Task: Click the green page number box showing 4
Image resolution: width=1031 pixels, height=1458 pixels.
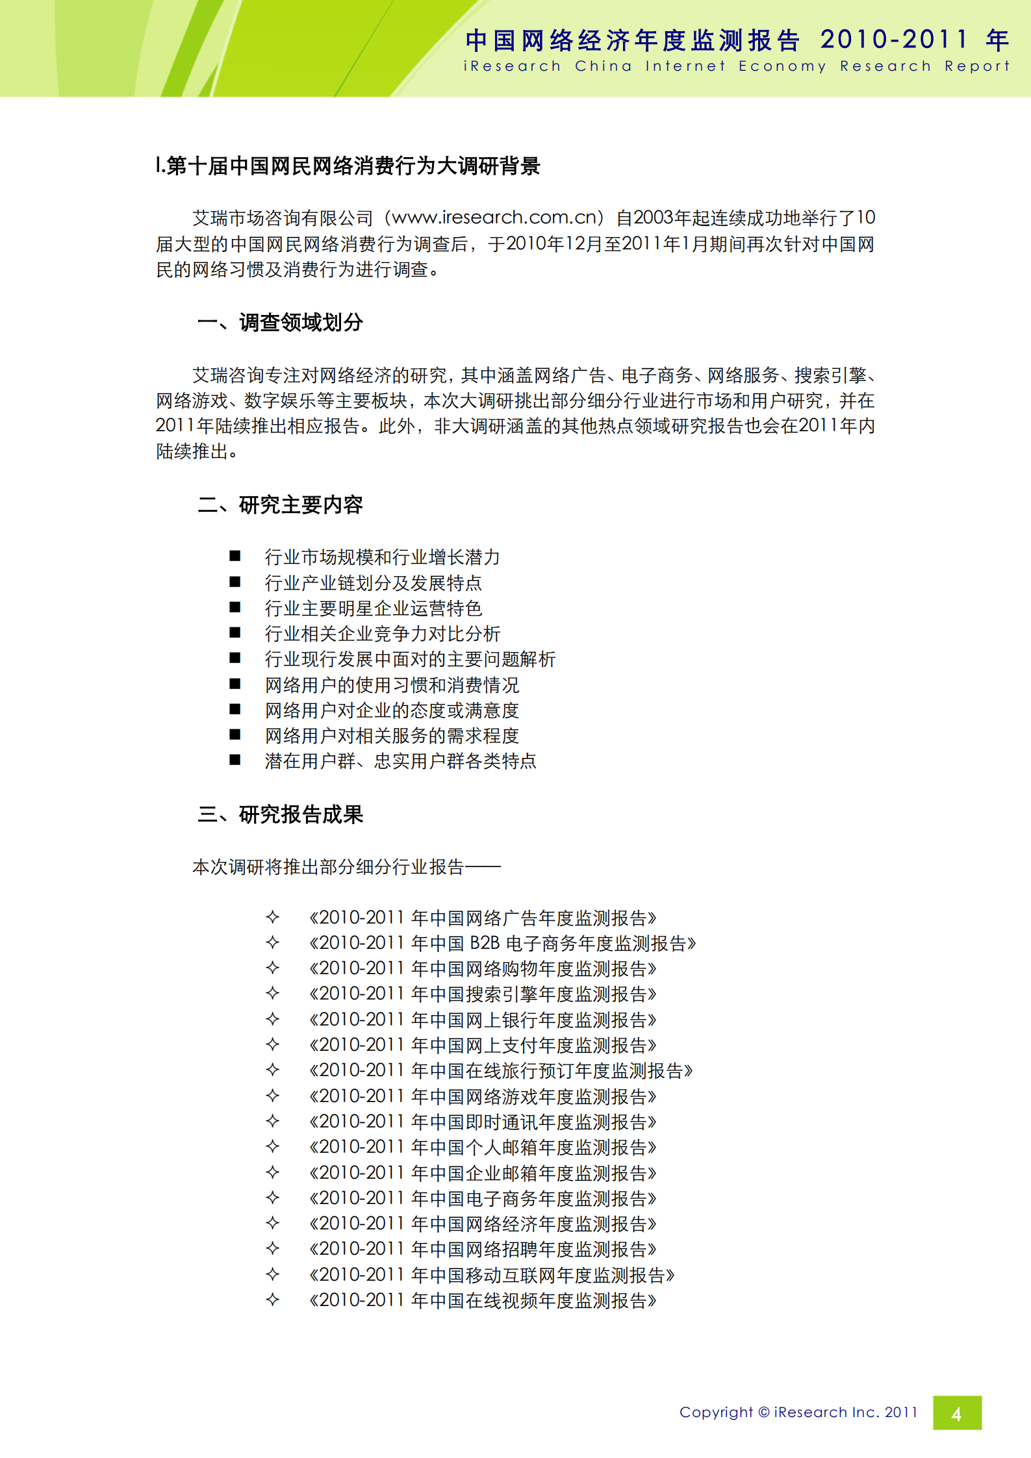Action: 956,1413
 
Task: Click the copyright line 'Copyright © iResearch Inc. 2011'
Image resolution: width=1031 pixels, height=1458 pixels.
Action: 798,1413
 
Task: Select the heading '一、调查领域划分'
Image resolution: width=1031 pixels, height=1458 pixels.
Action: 280,323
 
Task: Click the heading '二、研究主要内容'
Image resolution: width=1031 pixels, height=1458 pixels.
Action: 280,505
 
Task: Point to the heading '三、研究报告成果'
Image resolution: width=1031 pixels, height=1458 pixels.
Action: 280,814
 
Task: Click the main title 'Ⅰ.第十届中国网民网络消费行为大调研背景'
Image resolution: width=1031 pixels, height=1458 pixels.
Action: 348,166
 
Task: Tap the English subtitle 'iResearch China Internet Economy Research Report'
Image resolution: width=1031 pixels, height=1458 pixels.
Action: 736,66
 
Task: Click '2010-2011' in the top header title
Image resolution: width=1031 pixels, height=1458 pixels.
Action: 894,40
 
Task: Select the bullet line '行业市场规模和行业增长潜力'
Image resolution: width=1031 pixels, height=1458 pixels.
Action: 382,557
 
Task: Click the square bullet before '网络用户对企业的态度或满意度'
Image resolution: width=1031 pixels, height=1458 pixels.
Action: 235,709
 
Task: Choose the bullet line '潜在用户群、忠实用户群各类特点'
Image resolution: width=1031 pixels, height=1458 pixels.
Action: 400,761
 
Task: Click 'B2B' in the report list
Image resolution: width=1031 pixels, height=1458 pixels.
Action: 484,943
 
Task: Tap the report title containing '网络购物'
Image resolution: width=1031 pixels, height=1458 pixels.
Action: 483,969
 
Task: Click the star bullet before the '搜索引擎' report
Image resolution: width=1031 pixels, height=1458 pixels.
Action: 273,994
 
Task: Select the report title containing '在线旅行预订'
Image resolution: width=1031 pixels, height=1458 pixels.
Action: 501,1071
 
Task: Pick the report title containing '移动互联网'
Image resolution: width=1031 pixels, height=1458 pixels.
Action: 492,1276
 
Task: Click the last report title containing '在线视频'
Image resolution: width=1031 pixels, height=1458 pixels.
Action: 483,1301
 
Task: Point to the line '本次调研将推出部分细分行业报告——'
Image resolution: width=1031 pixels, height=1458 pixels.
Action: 346,867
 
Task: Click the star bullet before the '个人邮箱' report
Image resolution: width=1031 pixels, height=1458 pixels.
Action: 273,1147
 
